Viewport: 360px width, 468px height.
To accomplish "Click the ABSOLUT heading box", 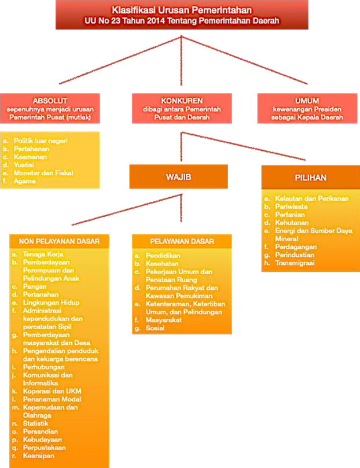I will pos(50,108).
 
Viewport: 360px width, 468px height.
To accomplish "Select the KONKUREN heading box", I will pos(182,108).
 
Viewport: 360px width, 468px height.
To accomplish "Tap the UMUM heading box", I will pos(307,108).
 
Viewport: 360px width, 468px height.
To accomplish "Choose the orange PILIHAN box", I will pos(310,178).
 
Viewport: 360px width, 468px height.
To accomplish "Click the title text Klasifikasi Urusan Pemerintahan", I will pos(183,10).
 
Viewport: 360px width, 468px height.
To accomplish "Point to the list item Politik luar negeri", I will pos(40,141).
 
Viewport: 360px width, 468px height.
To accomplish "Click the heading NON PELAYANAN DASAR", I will pos(60,241).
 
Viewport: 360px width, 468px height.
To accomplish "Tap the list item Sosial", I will pos(155,328).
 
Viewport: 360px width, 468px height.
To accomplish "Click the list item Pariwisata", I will pos(292,206).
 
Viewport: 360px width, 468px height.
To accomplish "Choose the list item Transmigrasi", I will pos(295,263).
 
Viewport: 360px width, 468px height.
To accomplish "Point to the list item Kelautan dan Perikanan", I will pos(312,198).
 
